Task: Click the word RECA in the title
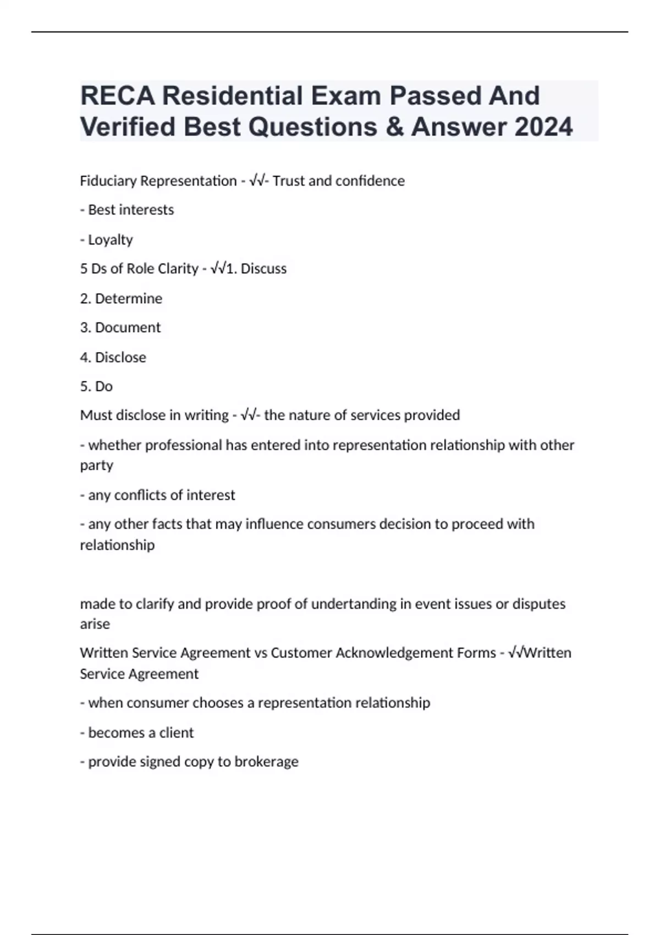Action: (x=117, y=96)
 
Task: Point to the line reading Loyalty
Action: (x=110, y=240)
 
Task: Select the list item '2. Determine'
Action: (x=121, y=299)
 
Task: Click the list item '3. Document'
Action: (x=120, y=328)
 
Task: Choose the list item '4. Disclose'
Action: (x=113, y=358)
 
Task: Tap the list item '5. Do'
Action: (x=96, y=387)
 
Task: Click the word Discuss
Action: (x=263, y=269)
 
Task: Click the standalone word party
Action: (x=96, y=465)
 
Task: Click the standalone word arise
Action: (x=95, y=624)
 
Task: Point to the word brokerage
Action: (x=266, y=762)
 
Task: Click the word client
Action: (x=177, y=733)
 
